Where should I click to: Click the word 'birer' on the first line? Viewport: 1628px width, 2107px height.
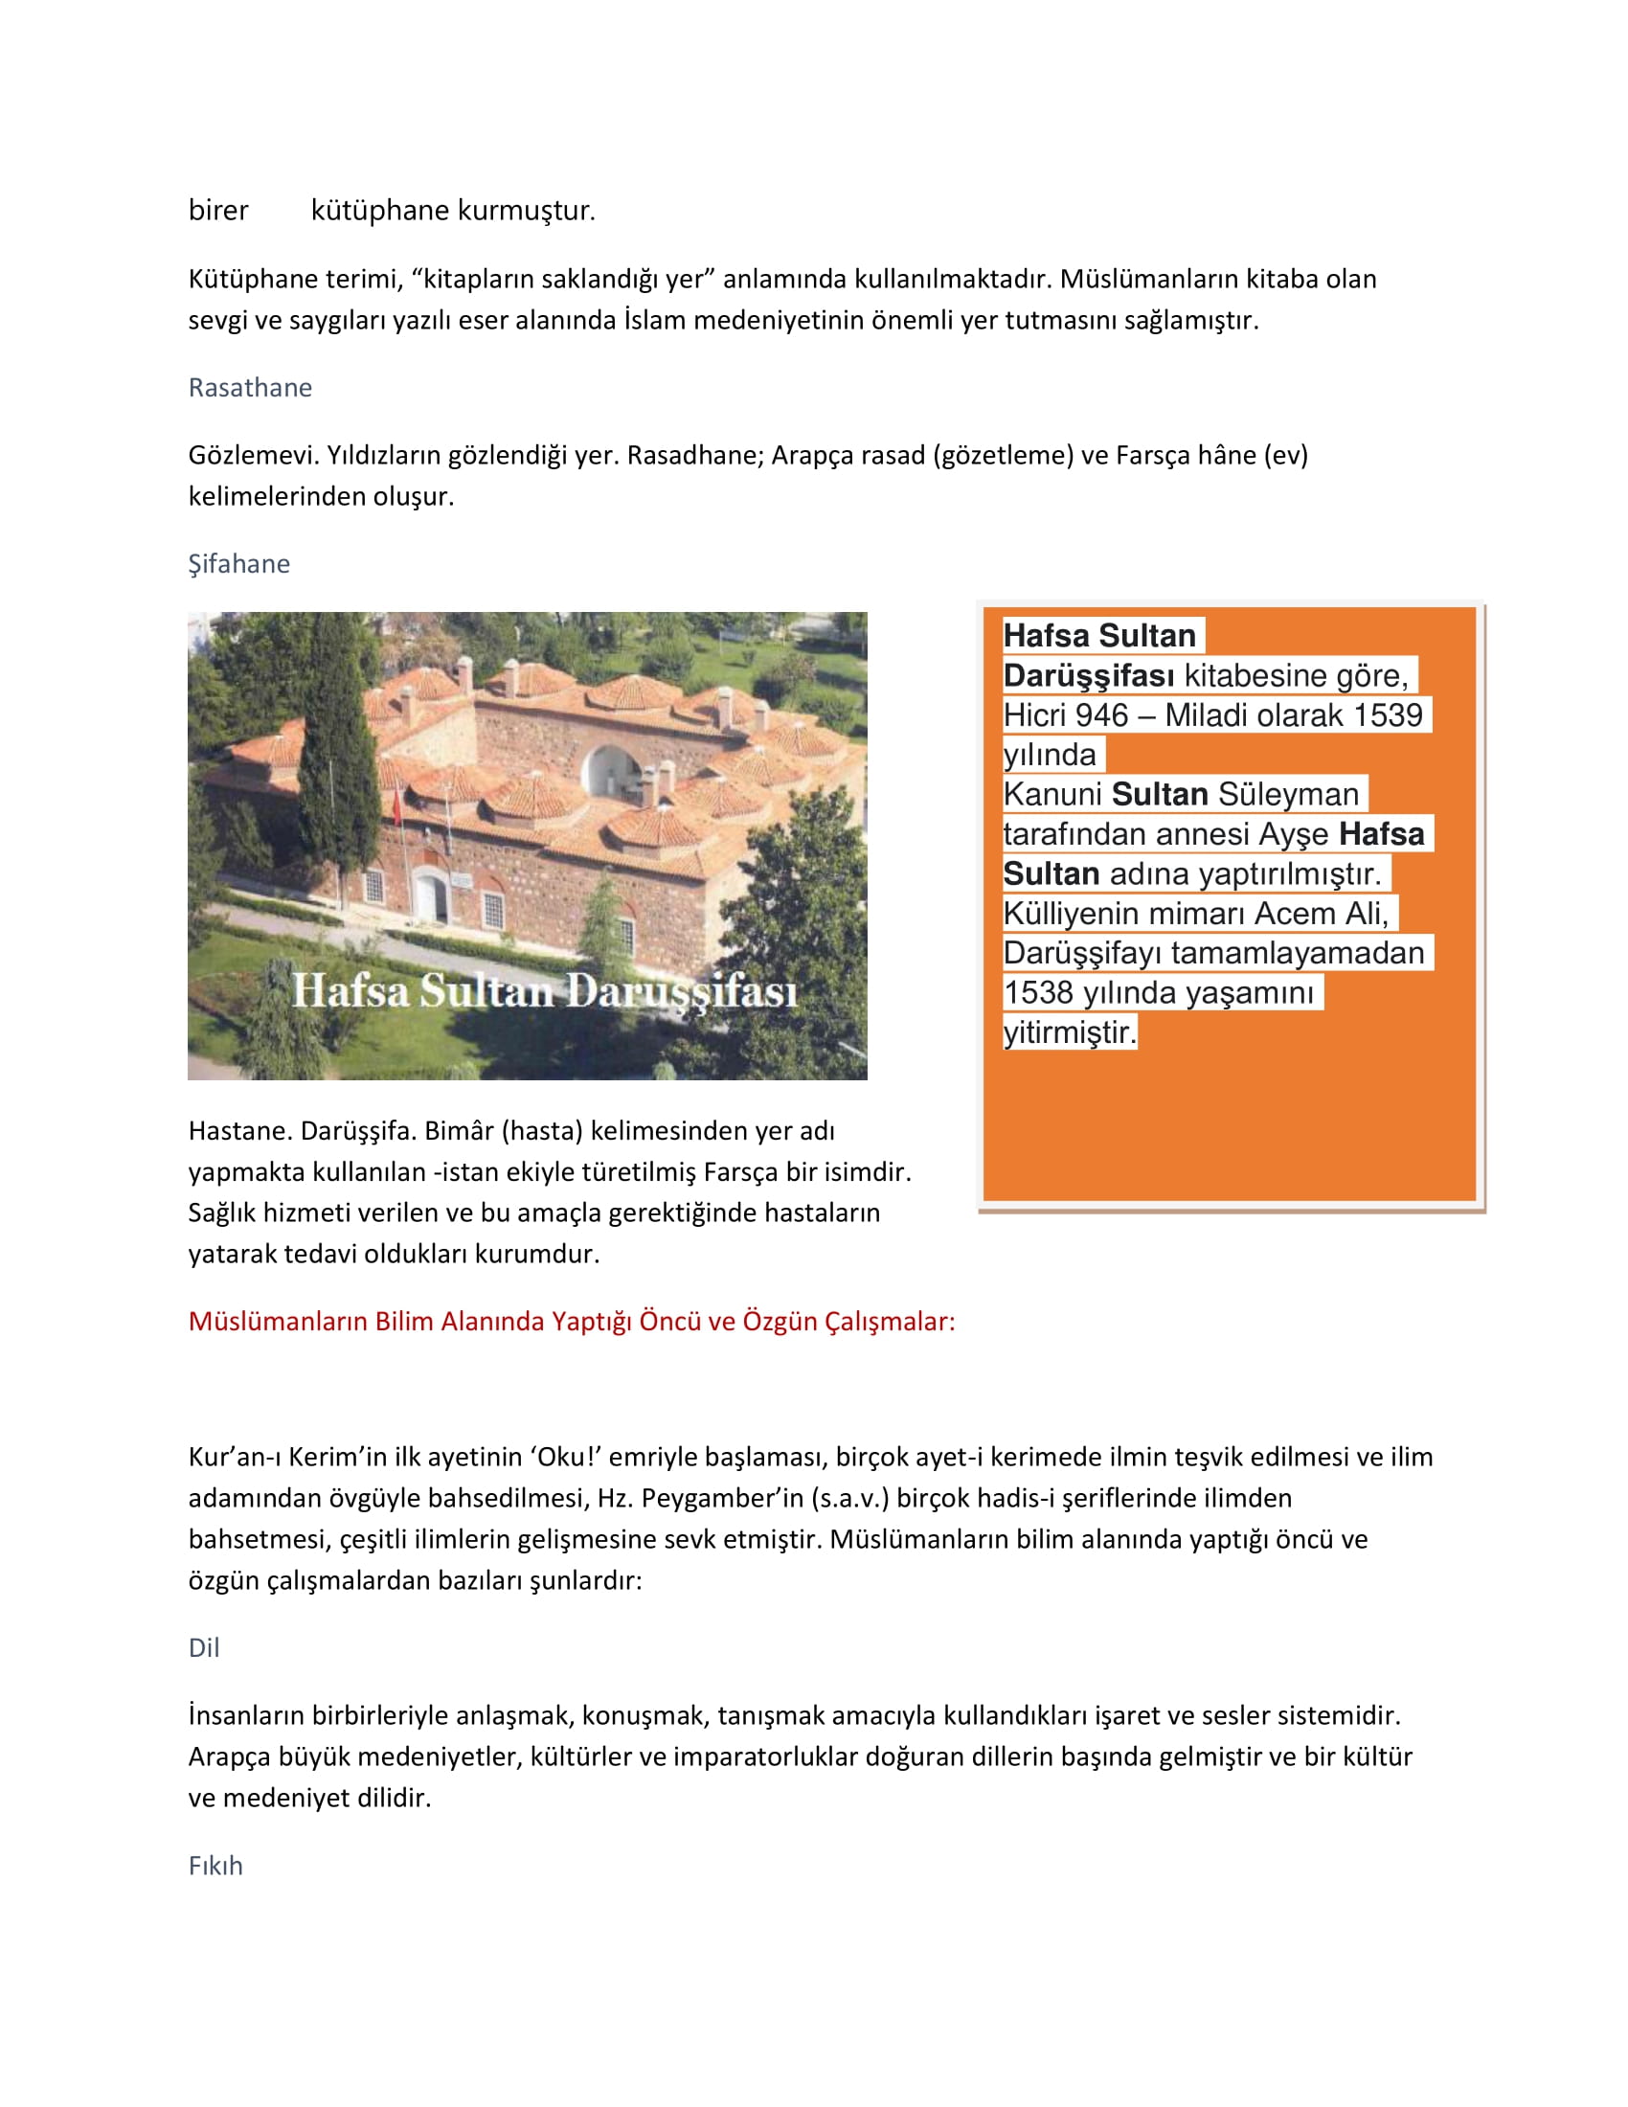point(218,211)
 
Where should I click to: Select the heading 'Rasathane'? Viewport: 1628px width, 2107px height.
point(250,388)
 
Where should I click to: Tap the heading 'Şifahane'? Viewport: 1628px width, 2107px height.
point(238,563)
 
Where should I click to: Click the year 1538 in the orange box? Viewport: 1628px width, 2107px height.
point(1038,993)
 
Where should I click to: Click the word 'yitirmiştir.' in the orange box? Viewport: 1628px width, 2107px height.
point(1070,1032)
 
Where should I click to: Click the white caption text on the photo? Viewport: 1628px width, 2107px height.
point(544,991)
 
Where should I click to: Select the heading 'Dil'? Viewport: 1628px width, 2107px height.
point(203,1648)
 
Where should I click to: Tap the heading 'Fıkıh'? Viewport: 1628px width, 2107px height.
point(215,1866)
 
